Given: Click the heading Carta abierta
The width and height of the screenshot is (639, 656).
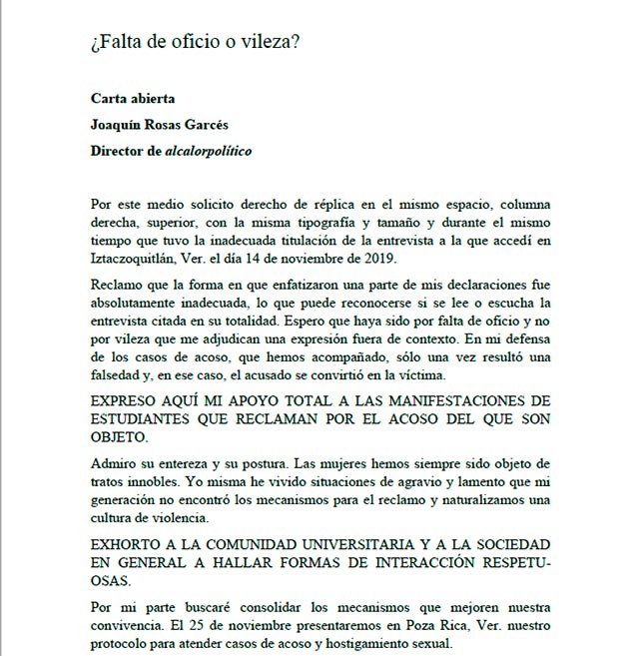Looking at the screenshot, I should click(x=133, y=99).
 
